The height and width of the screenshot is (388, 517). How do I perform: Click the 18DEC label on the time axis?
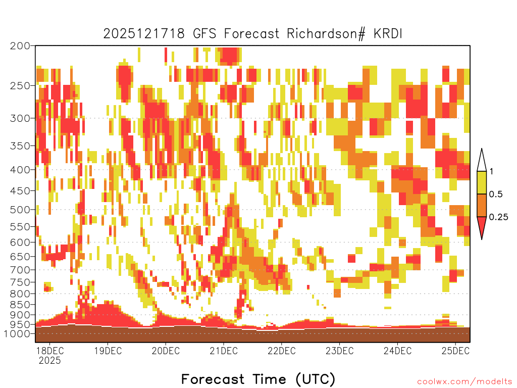point(49,351)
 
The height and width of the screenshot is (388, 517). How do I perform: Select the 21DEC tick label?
point(224,351)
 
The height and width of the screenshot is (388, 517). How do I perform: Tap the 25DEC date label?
point(455,351)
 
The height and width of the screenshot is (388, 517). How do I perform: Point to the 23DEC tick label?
point(340,351)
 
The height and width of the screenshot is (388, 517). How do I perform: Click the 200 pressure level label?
point(20,46)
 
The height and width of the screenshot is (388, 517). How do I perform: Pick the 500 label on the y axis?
point(20,210)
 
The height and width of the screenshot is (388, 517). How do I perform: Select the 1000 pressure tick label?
point(17,333)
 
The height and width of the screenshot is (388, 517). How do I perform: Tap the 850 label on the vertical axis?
point(20,304)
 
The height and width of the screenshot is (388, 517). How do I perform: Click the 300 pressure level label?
point(20,118)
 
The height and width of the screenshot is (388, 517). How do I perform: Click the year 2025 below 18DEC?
point(50,360)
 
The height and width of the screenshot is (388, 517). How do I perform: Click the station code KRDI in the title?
point(388,34)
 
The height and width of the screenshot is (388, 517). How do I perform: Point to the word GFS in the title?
point(204,34)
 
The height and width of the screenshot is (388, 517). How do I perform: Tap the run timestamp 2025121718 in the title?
point(144,34)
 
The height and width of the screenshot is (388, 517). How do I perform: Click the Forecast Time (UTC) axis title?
point(258,379)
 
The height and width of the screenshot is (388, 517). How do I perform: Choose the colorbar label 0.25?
point(498,217)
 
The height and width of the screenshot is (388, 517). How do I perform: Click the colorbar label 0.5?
point(496,194)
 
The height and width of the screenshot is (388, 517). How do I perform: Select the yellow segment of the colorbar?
point(482,182)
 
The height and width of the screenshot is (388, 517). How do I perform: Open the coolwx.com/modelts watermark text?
point(464,382)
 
